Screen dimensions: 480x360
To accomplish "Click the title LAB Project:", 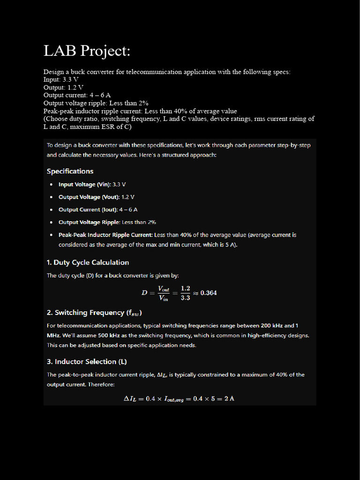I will (87, 51).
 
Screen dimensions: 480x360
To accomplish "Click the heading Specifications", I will (70, 171).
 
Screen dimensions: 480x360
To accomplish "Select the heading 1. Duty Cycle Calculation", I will (88, 262).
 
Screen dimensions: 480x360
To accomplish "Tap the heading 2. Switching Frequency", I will (94, 313).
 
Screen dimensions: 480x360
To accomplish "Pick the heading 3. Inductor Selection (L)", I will (87, 361).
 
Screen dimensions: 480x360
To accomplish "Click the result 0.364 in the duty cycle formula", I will (209, 293).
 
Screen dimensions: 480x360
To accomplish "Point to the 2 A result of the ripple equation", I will (229, 398).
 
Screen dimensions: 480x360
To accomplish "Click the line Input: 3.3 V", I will (61, 80).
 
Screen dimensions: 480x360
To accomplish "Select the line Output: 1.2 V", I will (63, 87).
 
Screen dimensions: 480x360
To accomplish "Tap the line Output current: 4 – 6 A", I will (77, 95).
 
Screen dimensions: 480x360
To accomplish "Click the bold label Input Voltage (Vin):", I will (84, 184).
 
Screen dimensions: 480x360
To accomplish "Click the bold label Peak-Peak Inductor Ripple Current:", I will (105, 235).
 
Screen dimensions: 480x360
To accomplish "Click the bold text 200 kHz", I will (271, 325).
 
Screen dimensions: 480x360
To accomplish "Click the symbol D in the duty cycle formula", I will (144, 293).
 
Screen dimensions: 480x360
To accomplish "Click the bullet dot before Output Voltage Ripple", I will (51, 222).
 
